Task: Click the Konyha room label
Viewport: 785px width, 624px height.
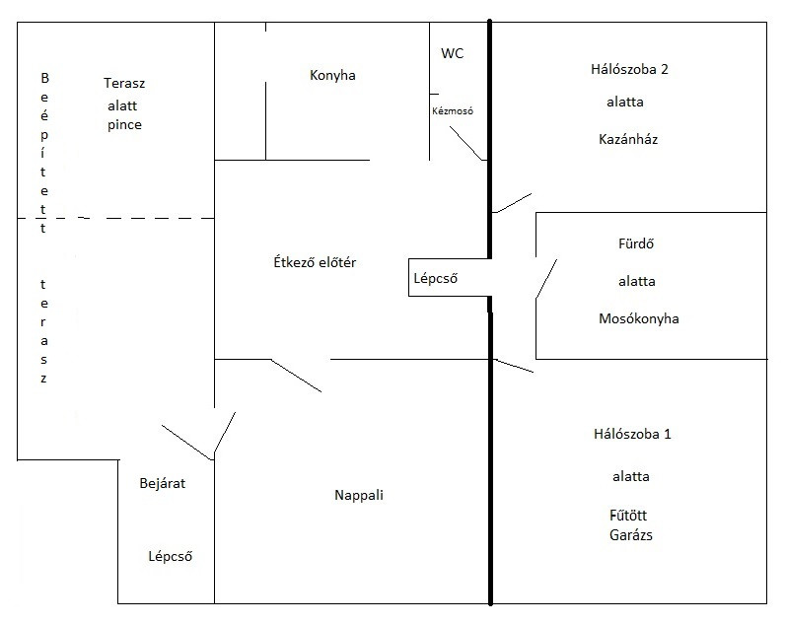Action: [332, 75]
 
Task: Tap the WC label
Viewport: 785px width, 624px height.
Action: [452, 54]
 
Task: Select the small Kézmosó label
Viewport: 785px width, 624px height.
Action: [453, 111]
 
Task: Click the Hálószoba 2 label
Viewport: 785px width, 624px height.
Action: [628, 69]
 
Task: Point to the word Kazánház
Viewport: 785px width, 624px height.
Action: [628, 139]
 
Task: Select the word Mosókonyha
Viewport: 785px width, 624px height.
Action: [638, 318]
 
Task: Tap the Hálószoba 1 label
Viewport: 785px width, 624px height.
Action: [632, 434]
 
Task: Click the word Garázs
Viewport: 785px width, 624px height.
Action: [631, 536]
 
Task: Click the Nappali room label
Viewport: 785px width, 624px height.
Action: [358, 496]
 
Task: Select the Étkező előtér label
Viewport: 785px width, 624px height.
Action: [315, 262]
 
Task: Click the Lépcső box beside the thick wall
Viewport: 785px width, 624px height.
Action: [435, 278]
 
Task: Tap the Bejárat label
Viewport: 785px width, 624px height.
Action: [163, 483]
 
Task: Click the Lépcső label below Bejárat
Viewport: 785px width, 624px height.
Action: [170, 556]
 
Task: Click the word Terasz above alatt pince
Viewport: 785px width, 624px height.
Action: [124, 82]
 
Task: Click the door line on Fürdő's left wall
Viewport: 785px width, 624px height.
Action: [546, 279]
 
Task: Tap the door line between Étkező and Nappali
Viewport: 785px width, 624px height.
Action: [296, 376]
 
